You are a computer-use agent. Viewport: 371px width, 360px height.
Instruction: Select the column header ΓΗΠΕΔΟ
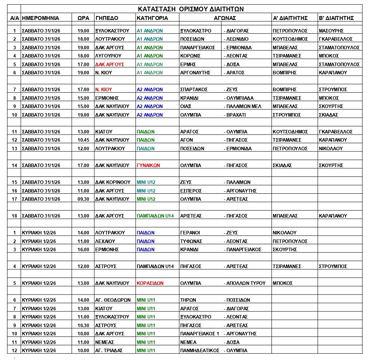click(x=107, y=18)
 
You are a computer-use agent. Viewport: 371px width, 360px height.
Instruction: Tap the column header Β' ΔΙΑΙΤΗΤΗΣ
click(x=337, y=18)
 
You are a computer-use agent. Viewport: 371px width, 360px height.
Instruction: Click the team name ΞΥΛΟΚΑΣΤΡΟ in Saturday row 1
click(x=195, y=31)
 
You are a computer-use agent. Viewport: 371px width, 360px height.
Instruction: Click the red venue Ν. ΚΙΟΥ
click(x=104, y=90)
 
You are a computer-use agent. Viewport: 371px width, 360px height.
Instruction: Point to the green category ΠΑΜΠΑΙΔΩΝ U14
click(x=156, y=216)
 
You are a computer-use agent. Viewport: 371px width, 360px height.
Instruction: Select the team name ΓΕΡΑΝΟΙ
click(x=190, y=233)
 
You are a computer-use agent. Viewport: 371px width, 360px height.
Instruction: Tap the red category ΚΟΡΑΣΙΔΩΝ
click(x=150, y=283)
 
